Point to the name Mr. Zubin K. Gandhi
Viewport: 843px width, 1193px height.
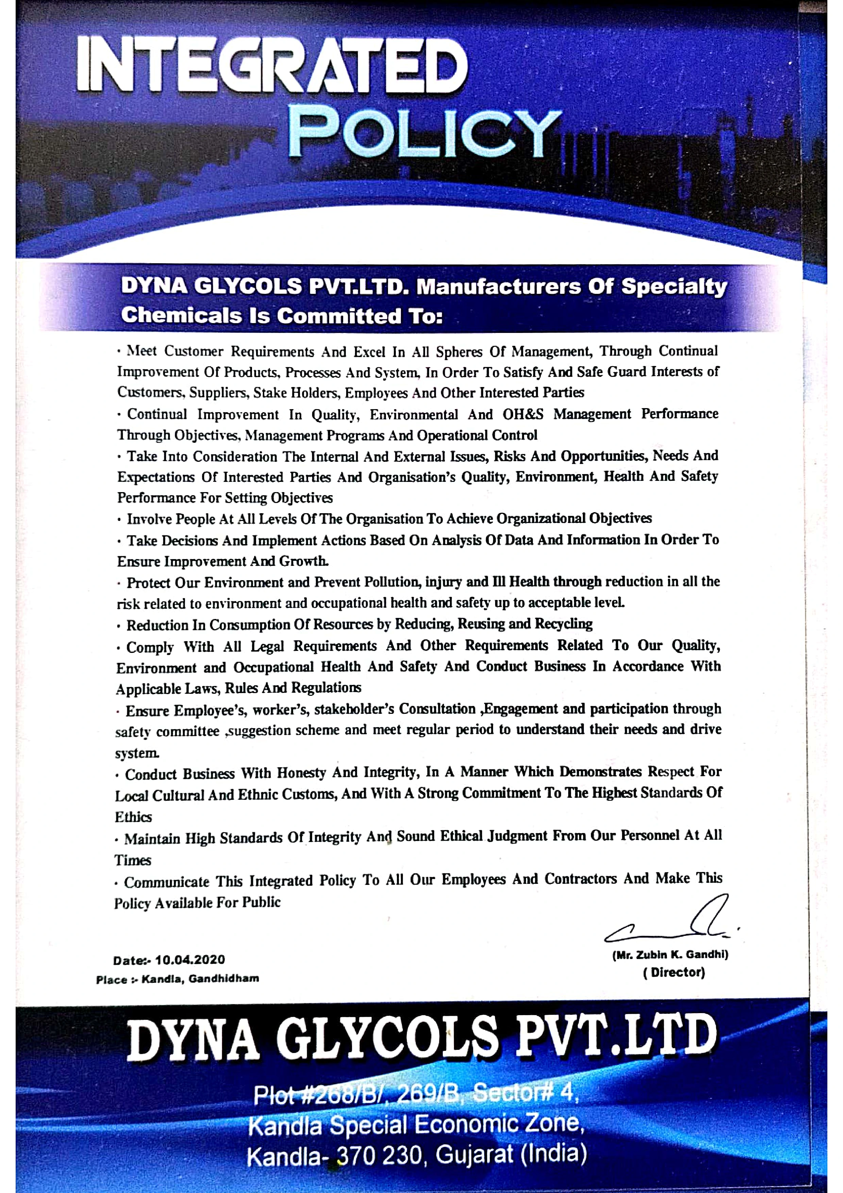click(670, 955)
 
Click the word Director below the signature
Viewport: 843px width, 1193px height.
click(674, 972)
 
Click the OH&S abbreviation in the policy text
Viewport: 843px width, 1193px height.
click(523, 414)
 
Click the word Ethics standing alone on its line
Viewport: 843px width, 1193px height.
click(134, 817)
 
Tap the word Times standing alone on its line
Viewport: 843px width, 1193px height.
click(133, 860)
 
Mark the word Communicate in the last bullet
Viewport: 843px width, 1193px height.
click(167, 882)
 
